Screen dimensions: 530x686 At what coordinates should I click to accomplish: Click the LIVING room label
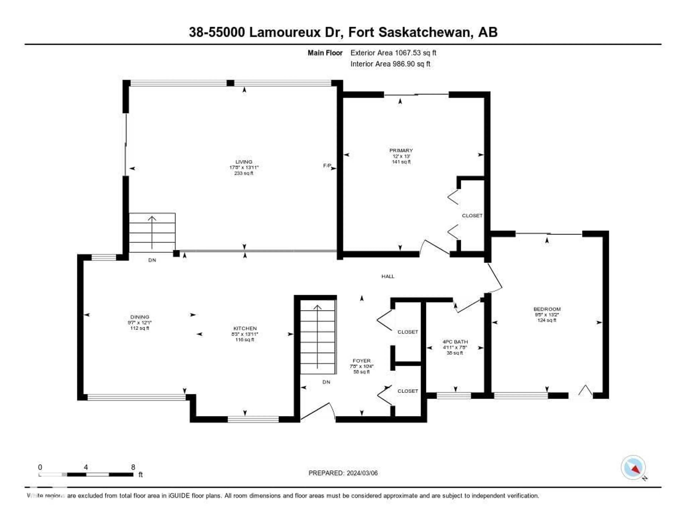(244, 162)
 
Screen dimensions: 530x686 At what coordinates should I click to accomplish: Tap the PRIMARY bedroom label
(401, 150)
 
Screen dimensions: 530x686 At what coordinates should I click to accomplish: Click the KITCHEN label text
(245, 328)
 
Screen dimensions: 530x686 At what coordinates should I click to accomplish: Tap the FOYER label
(362, 361)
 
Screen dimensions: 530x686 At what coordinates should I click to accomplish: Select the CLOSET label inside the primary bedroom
(472, 216)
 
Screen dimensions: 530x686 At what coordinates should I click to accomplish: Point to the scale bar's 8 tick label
(133, 467)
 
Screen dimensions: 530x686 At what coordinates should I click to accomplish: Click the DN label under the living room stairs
(152, 260)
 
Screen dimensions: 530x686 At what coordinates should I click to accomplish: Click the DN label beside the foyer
(326, 382)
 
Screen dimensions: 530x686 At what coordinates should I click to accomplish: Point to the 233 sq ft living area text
(244, 173)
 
